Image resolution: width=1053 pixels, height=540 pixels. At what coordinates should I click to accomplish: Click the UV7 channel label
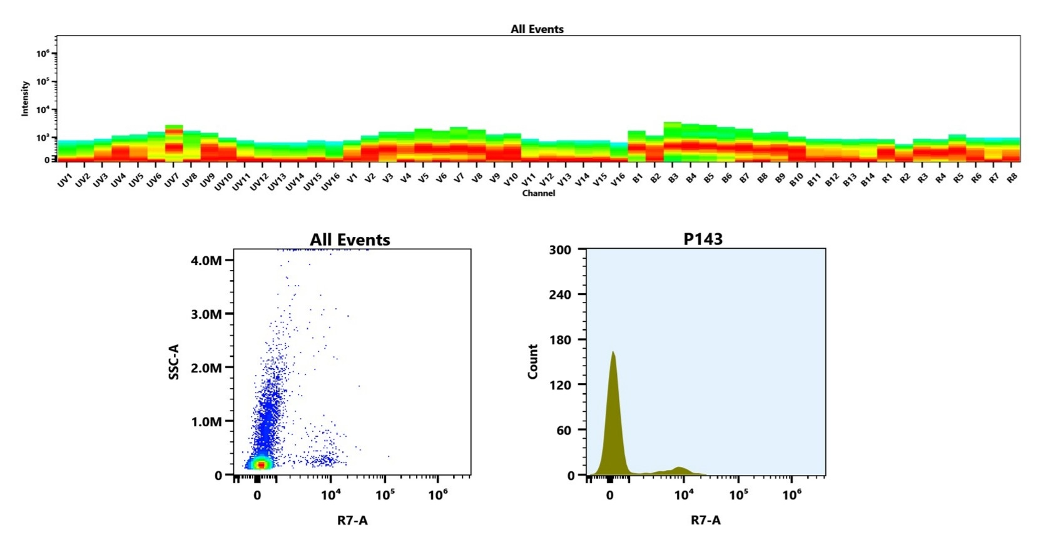171,181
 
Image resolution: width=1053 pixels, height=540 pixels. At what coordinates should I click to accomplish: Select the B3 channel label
673,179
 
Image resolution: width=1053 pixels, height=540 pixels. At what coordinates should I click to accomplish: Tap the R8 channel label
1012,179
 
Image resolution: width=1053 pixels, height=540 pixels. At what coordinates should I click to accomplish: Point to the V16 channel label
618,180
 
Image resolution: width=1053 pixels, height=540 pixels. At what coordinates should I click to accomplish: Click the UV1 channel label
64,181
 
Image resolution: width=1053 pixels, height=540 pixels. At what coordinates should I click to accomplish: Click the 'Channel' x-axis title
538,193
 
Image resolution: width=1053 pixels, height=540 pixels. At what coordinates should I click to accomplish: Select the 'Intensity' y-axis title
25,99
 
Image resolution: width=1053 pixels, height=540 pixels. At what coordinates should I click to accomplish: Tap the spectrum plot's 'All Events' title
537,29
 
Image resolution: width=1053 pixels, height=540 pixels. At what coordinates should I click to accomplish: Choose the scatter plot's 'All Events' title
350,239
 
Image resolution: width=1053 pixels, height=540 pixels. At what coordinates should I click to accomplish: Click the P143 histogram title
703,239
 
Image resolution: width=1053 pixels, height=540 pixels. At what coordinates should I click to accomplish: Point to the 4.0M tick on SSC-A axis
206,260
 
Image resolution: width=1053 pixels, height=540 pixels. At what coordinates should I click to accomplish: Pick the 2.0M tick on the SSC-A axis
206,367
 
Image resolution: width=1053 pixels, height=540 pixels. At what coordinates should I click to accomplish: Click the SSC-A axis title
174,362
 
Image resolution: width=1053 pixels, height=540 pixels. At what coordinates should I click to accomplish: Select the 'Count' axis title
533,362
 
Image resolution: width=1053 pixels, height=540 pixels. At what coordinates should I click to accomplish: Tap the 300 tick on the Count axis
560,249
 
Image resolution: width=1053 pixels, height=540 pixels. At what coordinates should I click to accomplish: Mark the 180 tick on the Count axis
560,339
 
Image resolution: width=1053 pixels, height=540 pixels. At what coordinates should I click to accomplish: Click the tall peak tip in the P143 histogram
613,352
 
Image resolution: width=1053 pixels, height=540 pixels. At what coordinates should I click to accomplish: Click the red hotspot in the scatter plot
262,464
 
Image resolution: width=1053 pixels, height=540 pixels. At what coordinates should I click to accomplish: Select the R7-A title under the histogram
705,520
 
